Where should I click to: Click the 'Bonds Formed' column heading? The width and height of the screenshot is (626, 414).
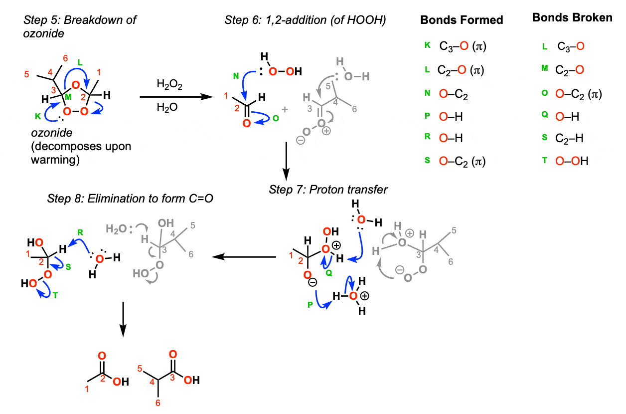[462, 20]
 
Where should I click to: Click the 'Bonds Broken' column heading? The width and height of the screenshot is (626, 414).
[572, 18]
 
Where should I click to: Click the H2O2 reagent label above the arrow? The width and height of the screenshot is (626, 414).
[169, 85]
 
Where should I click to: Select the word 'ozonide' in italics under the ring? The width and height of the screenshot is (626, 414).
[44, 135]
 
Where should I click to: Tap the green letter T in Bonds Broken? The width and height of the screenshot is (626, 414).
[545, 161]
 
